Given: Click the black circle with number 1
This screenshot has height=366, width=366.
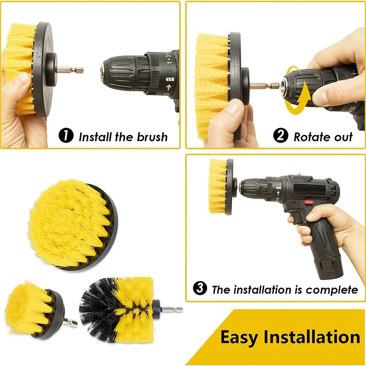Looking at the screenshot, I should [66, 136].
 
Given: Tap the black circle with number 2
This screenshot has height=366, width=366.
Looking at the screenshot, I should [281, 136].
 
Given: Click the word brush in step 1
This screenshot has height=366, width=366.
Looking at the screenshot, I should [150, 136].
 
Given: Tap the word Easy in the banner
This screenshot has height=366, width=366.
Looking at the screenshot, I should [240, 337].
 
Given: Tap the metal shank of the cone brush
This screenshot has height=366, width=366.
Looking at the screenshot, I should [171, 310].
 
